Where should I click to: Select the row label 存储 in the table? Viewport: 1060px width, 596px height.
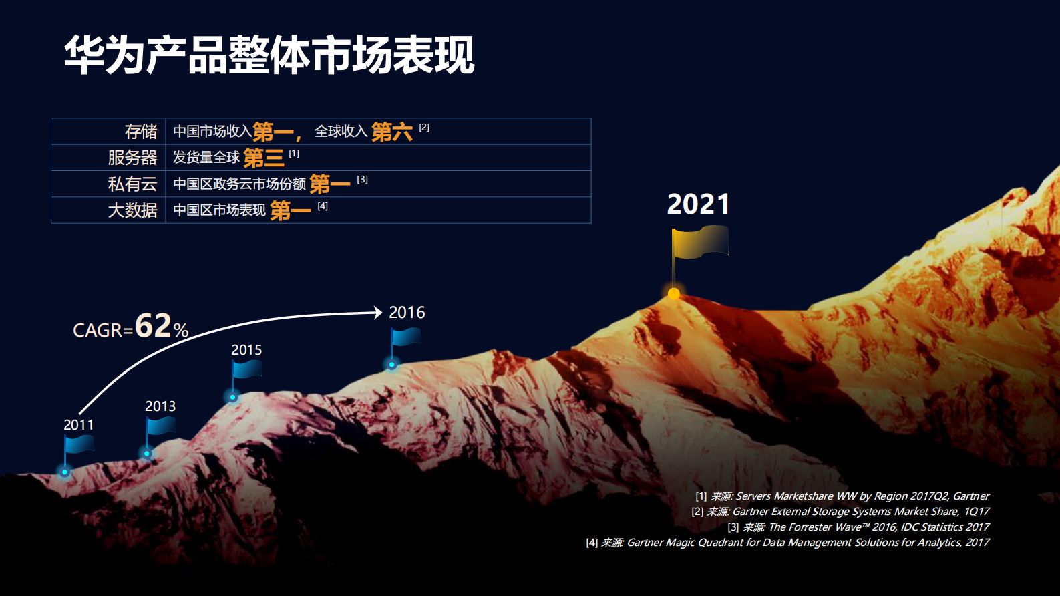click(x=140, y=132)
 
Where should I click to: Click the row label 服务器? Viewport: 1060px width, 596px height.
click(x=132, y=158)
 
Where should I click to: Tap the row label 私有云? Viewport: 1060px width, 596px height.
click(x=132, y=184)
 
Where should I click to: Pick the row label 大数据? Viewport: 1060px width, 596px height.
click(x=132, y=210)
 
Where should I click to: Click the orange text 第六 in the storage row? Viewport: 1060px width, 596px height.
click(x=391, y=132)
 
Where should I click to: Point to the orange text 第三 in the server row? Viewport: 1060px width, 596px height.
click(x=264, y=158)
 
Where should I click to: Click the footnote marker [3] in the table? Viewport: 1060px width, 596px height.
click(x=362, y=180)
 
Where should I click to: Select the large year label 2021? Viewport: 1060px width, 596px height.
click(x=698, y=204)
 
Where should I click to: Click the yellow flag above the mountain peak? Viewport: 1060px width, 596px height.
click(x=700, y=242)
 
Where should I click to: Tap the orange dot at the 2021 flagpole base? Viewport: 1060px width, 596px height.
click(x=674, y=293)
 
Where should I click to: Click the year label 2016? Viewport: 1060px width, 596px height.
click(x=407, y=313)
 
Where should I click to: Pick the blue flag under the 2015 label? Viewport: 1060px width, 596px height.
click(x=246, y=369)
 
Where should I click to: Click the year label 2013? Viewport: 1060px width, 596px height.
click(x=160, y=406)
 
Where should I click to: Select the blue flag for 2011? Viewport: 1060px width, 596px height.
click(x=79, y=444)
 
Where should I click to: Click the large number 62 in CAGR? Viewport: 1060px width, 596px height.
click(x=153, y=326)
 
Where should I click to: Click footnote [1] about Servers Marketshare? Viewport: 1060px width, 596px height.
click(x=842, y=496)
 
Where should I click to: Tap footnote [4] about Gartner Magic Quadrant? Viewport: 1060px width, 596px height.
click(x=787, y=543)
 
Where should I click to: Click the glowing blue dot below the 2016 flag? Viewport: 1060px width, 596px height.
click(x=392, y=365)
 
